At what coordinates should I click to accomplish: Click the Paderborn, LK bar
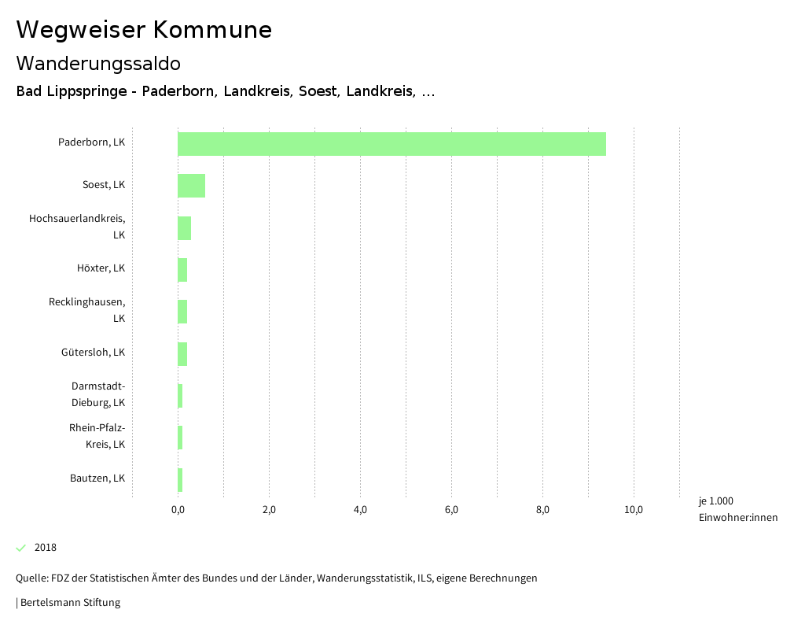391,144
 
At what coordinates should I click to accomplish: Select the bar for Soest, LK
191,186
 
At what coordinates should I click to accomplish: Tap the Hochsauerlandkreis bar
184,227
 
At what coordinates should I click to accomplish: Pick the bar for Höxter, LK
182,269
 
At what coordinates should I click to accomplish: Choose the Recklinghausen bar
182,312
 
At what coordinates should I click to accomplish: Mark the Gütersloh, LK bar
182,353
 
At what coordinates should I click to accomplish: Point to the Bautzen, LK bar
180,479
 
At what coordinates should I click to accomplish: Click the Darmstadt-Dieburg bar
180,395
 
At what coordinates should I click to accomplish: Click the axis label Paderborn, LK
91,142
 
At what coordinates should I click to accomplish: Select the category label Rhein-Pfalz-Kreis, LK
97,436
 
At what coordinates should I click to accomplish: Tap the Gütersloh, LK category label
93,352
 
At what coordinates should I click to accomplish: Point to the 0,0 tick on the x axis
178,510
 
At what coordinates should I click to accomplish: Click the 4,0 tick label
360,510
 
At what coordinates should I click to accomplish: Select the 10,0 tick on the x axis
634,510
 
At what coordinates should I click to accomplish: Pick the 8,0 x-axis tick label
542,510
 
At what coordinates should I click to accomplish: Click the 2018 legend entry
46,548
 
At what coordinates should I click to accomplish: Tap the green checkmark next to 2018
21,548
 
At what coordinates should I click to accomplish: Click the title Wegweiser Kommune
144,30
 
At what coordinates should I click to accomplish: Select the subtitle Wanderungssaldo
98,63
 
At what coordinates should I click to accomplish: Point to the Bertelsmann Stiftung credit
68,603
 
